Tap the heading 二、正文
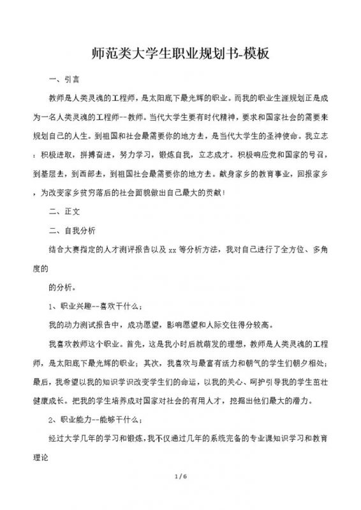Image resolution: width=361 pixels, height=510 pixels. [x=64, y=209]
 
